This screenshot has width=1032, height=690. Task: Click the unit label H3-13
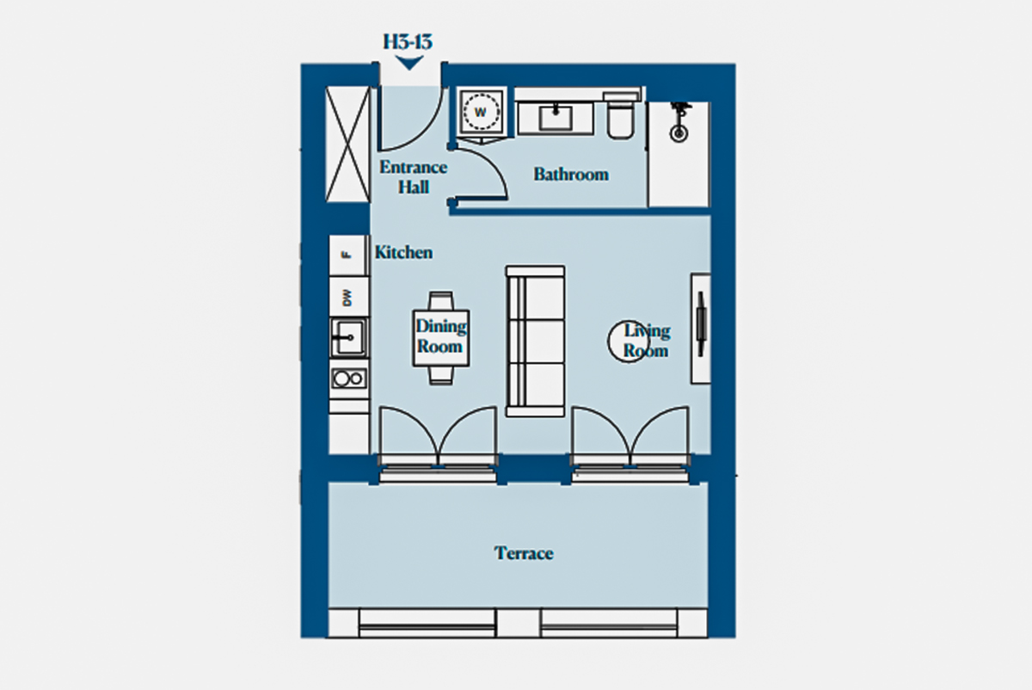click(x=408, y=42)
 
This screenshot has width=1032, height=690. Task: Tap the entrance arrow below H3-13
click(x=409, y=63)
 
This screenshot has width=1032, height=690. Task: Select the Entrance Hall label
click(x=414, y=177)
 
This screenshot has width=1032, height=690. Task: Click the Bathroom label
click(x=571, y=175)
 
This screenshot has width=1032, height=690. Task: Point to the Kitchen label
click(x=403, y=252)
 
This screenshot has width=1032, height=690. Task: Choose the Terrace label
click(x=524, y=553)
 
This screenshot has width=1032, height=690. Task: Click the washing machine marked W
click(x=481, y=112)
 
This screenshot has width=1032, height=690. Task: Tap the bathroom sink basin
click(x=556, y=118)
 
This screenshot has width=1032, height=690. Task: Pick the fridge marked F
click(x=348, y=256)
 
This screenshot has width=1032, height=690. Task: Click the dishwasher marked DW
click(x=348, y=297)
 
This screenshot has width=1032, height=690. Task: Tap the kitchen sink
click(x=349, y=338)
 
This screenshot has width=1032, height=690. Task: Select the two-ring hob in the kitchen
click(x=349, y=379)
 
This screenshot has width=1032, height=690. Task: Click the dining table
click(x=441, y=338)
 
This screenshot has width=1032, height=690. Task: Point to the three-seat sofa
click(x=535, y=341)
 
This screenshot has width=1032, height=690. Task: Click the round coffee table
click(x=629, y=342)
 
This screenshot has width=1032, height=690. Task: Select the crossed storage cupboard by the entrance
click(x=347, y=145)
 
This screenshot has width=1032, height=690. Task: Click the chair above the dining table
click(x=441, y=300)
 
